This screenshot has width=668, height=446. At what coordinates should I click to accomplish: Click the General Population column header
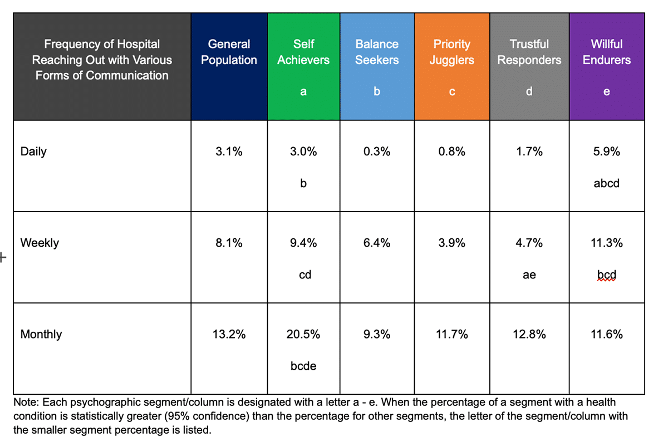[229, 52]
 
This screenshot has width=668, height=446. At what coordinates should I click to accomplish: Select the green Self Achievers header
[303, 52]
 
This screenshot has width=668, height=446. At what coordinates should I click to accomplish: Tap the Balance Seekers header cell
[377, 52]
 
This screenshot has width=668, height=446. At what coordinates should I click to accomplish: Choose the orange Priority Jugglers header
[451, 52]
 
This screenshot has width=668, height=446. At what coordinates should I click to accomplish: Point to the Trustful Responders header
[529, 52]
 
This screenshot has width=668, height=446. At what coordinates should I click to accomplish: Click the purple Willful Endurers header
[606, 52]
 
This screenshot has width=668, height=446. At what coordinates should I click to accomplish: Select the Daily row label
[33, 151]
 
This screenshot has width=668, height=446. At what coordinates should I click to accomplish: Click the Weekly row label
[39, 243]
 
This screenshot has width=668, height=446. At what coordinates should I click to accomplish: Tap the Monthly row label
[41, 334]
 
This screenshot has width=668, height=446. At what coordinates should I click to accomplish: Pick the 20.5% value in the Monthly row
[303, 334]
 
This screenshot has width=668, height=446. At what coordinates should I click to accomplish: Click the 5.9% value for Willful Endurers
[606, 151]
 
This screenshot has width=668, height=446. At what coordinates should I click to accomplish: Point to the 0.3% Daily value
[377, 151]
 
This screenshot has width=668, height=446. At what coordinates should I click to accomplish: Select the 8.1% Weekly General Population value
[229, 243]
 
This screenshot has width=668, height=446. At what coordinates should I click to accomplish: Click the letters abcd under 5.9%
[606, 183]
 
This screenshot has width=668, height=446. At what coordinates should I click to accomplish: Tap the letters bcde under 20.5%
[303, 366]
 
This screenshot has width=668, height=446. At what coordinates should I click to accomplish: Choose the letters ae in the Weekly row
[529, 275]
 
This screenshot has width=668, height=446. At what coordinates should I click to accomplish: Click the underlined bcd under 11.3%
[606, 275]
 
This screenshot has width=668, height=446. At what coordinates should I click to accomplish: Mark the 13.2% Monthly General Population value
[229, 334]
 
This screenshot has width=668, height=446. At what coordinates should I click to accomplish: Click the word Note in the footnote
[26, 402]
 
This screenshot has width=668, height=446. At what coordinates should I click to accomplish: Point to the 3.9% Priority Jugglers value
[451, 243]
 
